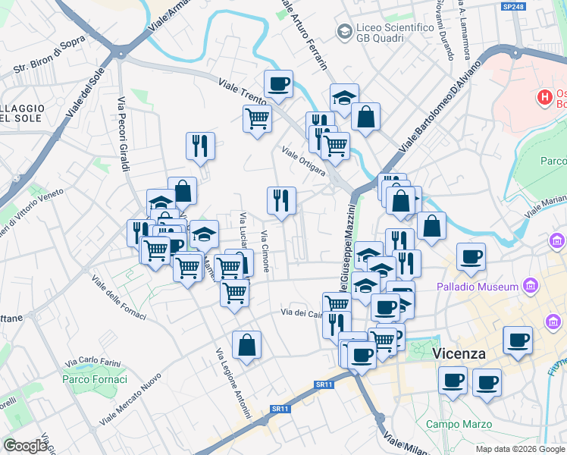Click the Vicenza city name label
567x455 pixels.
click(x=459, y=353)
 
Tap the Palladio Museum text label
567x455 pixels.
click(x=477, y=287)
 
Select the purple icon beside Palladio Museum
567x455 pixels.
click(x=531, y=287)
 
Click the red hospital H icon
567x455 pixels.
click(x=544, y=97)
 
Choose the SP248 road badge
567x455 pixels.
click(x=513, y=7)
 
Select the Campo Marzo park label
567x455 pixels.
click(x=455, y=424)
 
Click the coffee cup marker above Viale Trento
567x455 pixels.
click(x=278, y=83)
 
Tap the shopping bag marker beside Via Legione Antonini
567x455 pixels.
click(x=247, y=345)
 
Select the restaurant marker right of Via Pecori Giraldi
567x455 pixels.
click(x=200, y=146)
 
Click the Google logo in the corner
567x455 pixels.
click(x=25, y=446)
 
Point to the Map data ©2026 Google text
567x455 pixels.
click(x=520, y=449)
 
